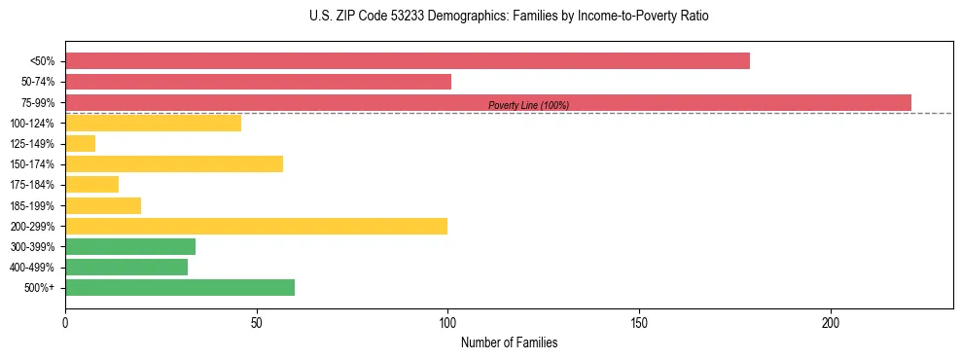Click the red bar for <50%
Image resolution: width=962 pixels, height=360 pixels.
point(407,61)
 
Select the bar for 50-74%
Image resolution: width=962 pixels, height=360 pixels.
point(258,82)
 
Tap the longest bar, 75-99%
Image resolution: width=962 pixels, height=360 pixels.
point(487,102)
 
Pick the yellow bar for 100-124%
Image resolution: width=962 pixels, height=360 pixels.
point(153,123)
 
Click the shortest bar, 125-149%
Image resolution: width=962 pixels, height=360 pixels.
point(80,143)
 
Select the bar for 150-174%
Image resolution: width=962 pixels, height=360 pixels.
point(174,163)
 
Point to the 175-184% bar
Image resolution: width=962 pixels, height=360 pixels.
point(91,184)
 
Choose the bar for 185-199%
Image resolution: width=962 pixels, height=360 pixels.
point(103,205)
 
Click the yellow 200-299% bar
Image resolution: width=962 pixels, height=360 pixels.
point(256,226)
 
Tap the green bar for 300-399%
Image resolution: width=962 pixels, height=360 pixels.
point(130,246)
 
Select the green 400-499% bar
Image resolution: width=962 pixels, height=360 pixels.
point(126,267)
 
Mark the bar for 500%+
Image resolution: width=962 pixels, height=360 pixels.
point(180,287)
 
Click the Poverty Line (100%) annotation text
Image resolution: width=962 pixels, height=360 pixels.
point(528,105)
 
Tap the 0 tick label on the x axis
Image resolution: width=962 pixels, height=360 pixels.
point(65,322)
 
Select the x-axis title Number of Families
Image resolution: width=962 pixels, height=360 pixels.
point(509,342)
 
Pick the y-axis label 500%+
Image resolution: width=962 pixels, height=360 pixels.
point(41,288)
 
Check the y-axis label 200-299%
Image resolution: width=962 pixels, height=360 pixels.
point(33,227)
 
